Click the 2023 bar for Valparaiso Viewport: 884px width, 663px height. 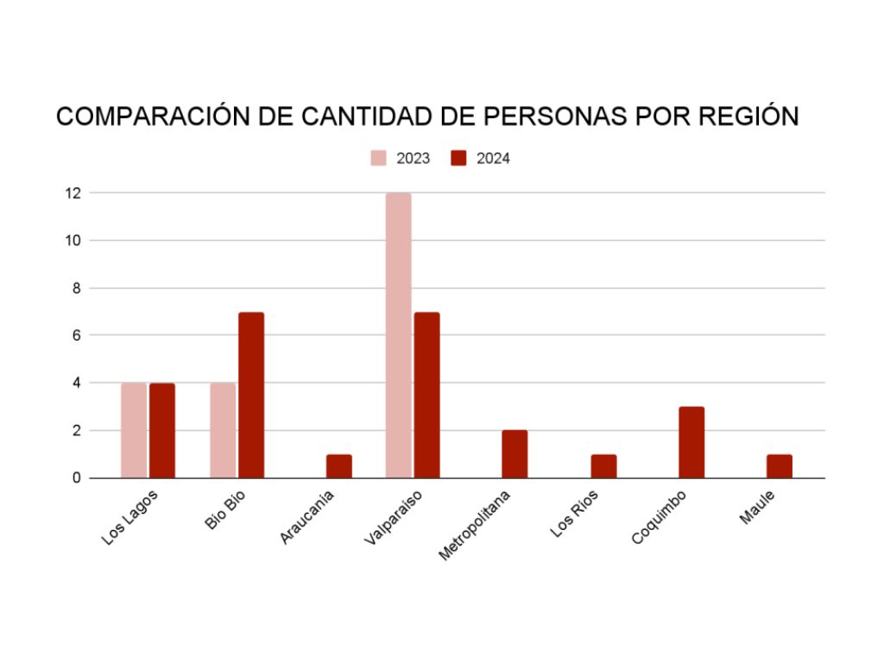(398, 335)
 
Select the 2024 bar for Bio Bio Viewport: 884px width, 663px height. (251, 395)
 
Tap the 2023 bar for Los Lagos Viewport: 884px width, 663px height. (134, 430)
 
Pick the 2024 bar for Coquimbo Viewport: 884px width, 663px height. (691, 442)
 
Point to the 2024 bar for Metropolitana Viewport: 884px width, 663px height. (515, 453)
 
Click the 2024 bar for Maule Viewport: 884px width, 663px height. (780, 465)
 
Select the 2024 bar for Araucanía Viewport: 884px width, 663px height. (339, 465)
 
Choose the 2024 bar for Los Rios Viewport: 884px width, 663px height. (603, 465)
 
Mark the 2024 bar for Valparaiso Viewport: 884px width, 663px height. (426, 395)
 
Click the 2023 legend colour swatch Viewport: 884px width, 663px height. (379, 158)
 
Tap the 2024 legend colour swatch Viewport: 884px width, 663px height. (459, 158)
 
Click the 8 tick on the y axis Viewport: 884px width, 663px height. (75, 287)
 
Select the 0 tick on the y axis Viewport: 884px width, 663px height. (75, 477)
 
